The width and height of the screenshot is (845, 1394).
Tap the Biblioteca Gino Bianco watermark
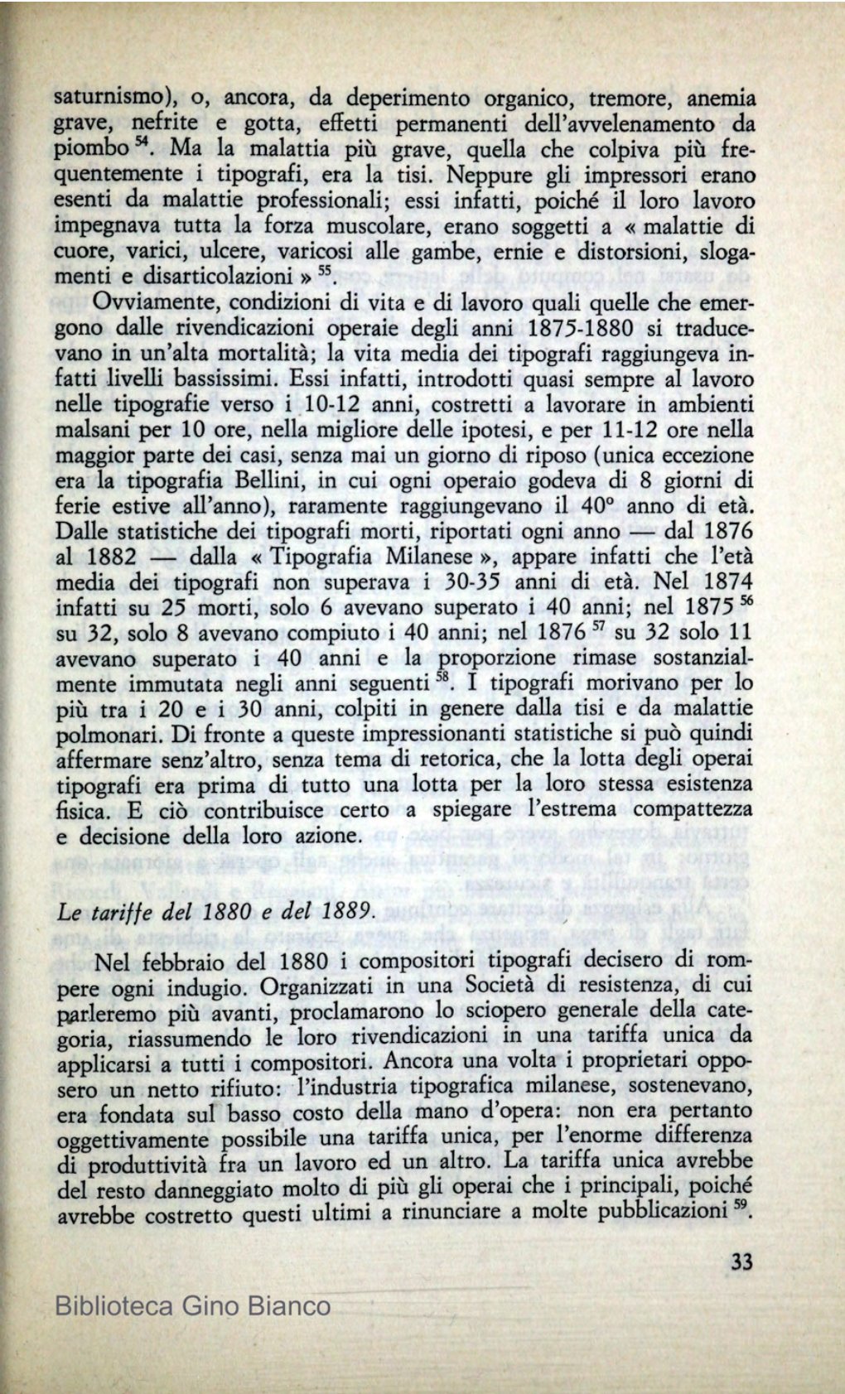[192, 1307]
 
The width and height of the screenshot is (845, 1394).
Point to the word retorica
[488, 760]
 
